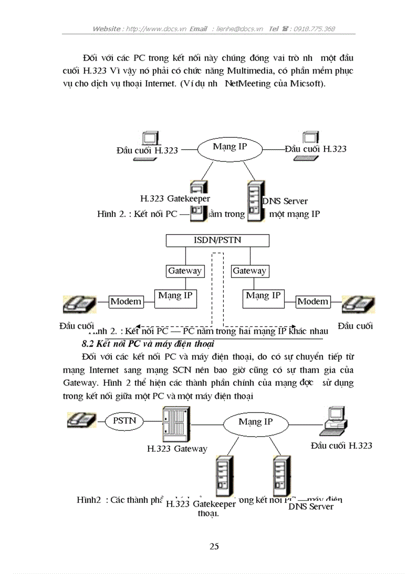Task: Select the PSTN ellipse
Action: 124,422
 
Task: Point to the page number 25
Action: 214,546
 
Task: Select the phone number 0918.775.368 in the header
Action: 314,29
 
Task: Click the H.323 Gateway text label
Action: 177,449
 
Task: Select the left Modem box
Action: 126,302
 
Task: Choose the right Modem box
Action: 313,302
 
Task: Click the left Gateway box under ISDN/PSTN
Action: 184,271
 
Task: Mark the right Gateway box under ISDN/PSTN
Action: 249,271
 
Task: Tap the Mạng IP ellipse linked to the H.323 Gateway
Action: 256,422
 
